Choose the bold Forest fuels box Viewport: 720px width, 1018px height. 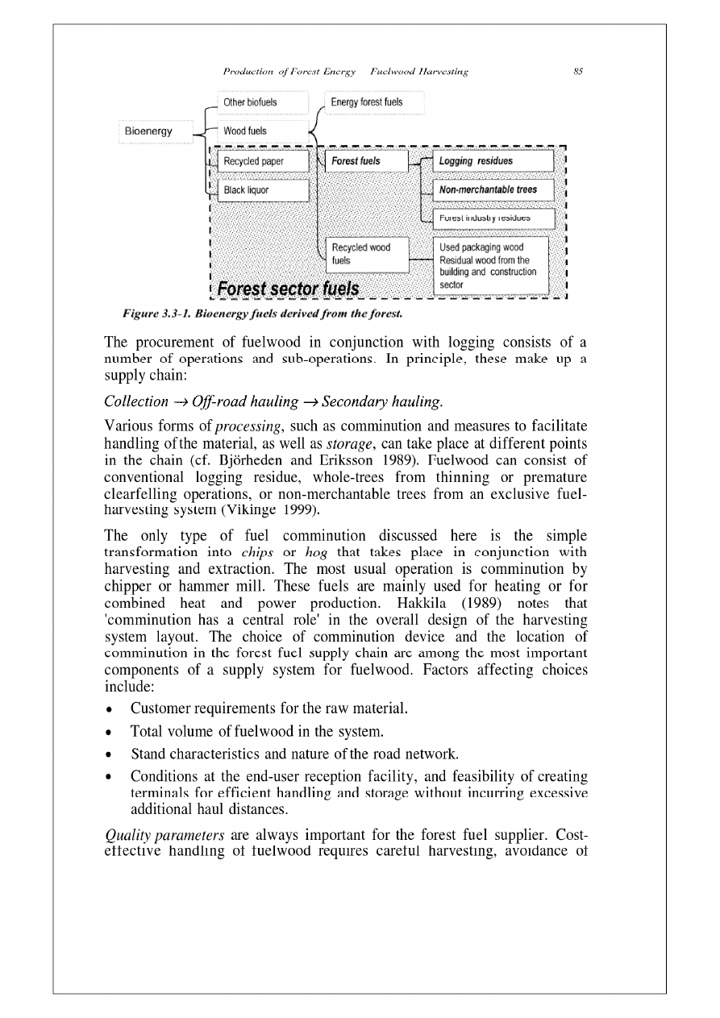coord(367,161)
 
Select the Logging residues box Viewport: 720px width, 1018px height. coord(493,161)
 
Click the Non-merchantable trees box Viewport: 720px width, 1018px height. coord(493,189)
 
